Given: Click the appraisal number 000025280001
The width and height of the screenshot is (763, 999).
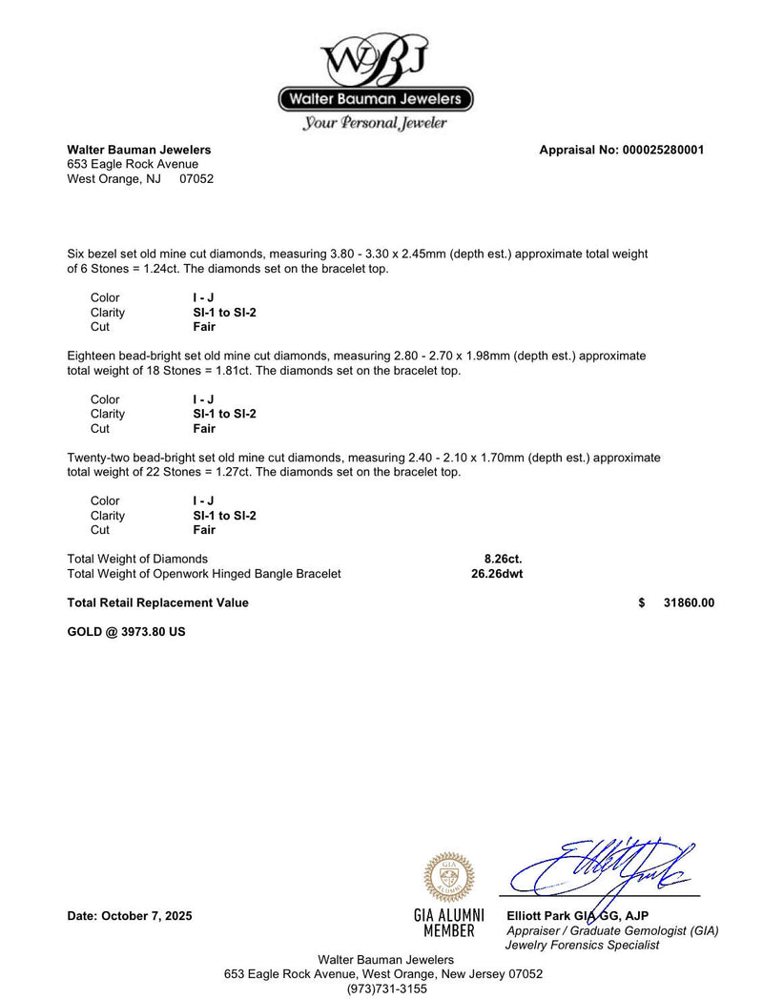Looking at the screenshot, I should tap(663, 150).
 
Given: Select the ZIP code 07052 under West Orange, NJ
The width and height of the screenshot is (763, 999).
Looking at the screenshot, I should tap(196, 178).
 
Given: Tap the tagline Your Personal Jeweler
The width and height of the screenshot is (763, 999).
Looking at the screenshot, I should tap(375, 123).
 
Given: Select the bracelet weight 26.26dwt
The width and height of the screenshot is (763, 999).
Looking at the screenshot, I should tap(497, 574).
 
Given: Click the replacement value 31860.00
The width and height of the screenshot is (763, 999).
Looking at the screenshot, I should tap(689, 602).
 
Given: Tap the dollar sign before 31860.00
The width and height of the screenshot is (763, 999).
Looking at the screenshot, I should tap(642, 602).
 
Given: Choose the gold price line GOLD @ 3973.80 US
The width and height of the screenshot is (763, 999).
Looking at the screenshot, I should tap(126, 631).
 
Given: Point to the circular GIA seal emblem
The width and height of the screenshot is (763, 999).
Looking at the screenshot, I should tap(448, 877).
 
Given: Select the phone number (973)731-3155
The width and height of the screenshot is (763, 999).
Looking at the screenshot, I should tap(386, 989).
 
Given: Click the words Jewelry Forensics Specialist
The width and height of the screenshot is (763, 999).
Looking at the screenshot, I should tap(582, 945).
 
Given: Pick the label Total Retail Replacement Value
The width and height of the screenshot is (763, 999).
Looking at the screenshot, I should tap(157, 602).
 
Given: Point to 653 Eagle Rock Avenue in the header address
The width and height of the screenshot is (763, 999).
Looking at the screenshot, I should tap(133, 164).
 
